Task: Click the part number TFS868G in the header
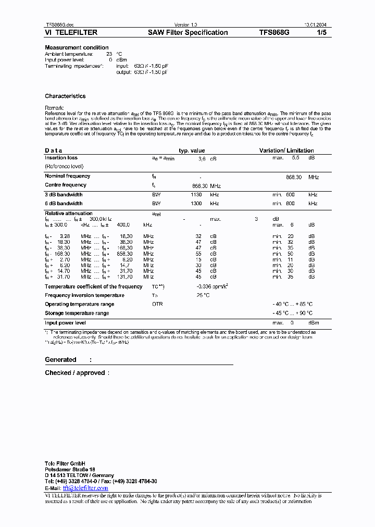[x=274, y=33]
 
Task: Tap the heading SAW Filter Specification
[x=188, y=33]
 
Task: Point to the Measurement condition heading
[x=77, y=48]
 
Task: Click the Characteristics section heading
[x=65, y=96]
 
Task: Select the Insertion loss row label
[x=61, y=158]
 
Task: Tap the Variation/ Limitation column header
[x=286, y=150]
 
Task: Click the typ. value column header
[x=192, y=150]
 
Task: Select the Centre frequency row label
[x=66, y=185]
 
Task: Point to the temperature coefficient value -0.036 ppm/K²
[x=213, y=287]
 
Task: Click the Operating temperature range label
[x=79, y=304]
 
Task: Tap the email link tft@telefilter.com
[x=85, y=488]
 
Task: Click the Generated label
[x=60, y=360]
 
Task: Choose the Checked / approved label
[x=74, y=373]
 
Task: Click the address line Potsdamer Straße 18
[x=70, y=470]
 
